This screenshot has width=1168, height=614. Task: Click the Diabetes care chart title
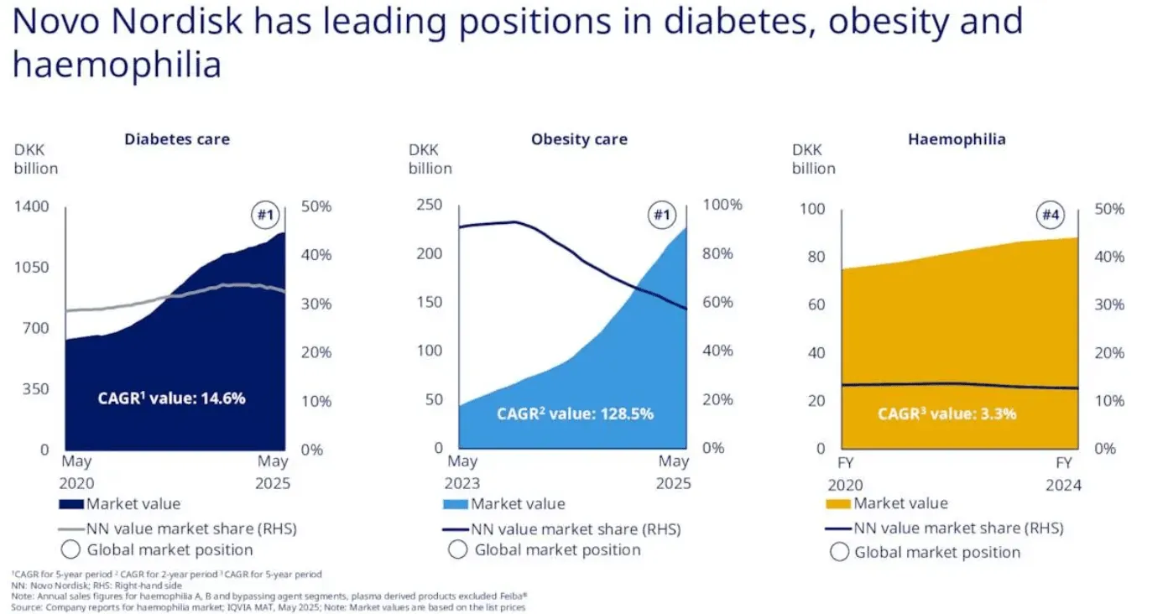coord(177,139)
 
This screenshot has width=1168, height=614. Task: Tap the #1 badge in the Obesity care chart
coord(661,216)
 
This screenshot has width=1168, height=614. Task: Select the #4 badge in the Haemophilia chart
coord(1051,216)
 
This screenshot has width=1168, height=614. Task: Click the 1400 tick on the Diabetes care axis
coord(32,206)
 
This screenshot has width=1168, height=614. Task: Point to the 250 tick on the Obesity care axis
coord(430,206)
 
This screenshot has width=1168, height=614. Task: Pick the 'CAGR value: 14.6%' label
coord(171,398)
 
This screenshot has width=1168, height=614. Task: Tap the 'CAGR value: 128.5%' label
coord(575,414)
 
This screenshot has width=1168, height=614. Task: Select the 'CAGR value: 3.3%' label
coord(946,414)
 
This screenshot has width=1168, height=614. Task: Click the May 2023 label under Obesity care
coord(462,472)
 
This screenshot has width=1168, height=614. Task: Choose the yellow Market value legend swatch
coord(838,504)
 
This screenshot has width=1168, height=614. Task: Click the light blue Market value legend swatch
coord(455,504)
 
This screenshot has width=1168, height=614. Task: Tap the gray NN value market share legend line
coord(70,529)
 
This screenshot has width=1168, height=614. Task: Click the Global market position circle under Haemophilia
coord(839,552)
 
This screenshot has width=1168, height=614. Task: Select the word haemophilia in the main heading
coord(117,65)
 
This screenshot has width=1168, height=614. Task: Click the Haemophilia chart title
coord(957,139)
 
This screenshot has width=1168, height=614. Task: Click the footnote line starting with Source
coord(269,606)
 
